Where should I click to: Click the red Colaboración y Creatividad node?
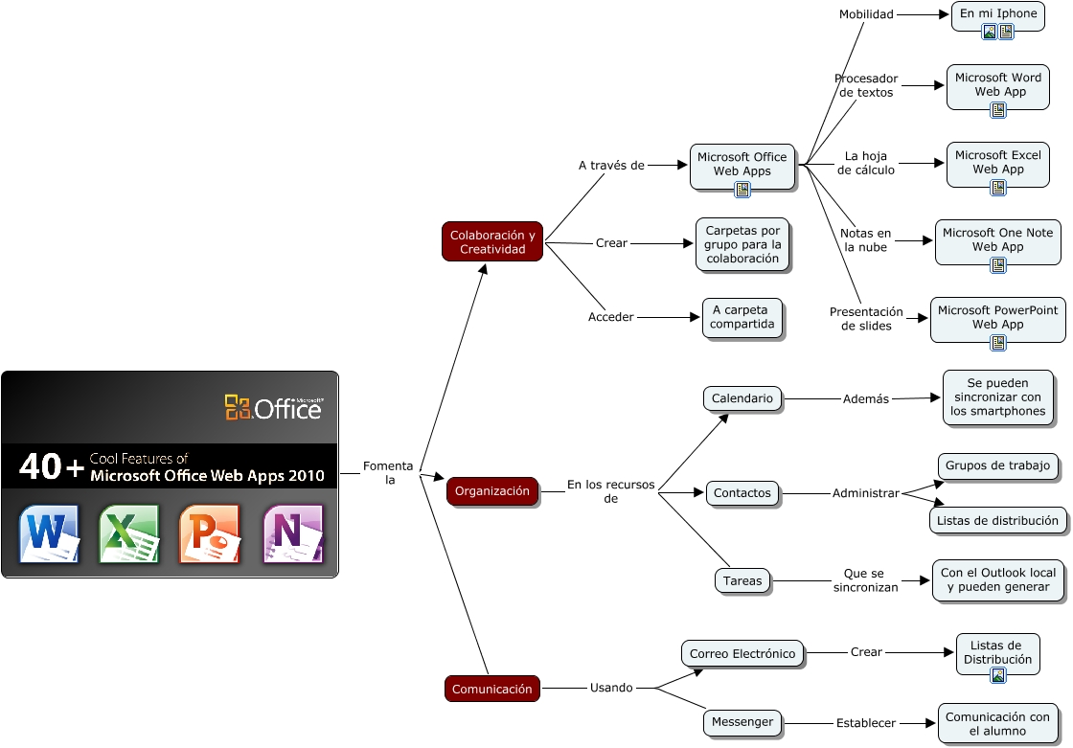[x=492, y=241]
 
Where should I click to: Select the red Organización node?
[x=491, y=491]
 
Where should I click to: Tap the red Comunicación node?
[x=491, y=689]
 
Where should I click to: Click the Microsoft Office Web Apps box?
[x=742, y=165]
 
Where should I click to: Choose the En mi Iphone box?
[x=997, y=14]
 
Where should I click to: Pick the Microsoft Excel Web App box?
[x=997, y=162]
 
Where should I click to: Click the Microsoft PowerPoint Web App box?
[x=997, y=317]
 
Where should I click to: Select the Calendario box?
[x=742, y=398]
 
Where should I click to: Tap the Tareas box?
[x=742, y=580]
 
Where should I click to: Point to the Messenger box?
[x=742, y=722]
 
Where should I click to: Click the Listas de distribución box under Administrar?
[x=997, y=520]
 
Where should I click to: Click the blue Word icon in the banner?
[x=49, y=533]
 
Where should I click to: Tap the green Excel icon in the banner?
[x=128, y=533]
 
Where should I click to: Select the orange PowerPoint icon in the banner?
[x=209, y=533]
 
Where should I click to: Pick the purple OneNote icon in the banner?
[x=292, y=533]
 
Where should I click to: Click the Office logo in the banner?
[x=274, y=408]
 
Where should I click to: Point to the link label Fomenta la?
[x=388, y=473]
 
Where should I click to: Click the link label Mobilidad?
[x=866, y=14]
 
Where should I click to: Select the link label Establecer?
[x=866, y=723]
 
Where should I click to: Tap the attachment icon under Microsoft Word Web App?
[x=997, y=110]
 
